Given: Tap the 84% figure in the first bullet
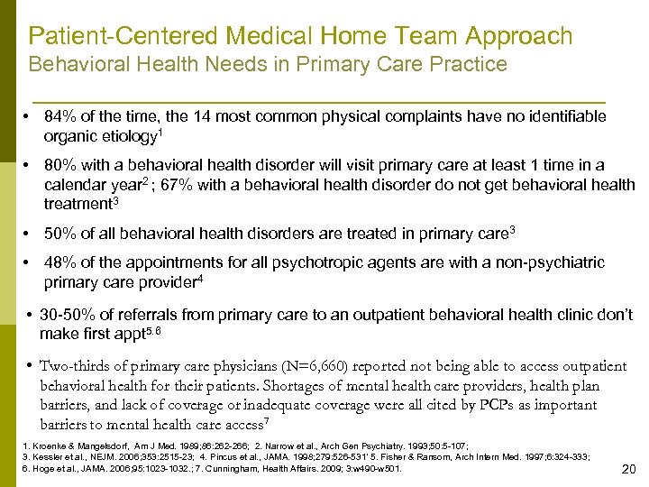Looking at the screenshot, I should click(60, 117).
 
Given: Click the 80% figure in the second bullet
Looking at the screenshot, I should click(60, 166).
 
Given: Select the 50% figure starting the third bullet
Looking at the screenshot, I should click(60, 234).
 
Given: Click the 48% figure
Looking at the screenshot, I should click(60, 262).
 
